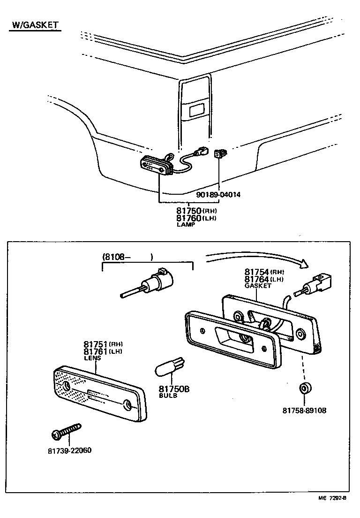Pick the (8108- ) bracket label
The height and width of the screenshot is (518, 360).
[127, 257]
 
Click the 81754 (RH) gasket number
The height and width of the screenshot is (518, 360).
[264, 272]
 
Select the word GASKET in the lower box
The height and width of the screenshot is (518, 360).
[257, 286]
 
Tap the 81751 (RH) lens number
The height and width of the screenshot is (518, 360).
[104, 344]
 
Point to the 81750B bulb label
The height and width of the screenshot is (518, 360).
[173, 389]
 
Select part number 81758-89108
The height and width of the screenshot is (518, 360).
[304, 410]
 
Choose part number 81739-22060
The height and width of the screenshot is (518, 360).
[69, 451]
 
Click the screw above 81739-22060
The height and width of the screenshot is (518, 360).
[67, 430]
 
